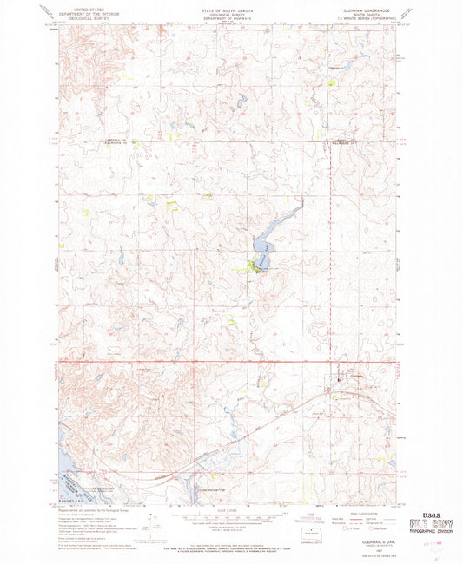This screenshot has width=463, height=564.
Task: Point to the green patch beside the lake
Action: (257, 264)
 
